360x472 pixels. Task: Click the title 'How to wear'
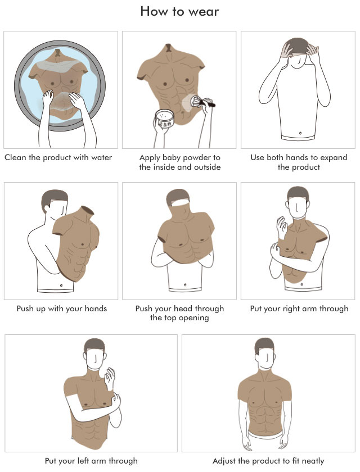[179, 11]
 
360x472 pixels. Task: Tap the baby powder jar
[164, 118]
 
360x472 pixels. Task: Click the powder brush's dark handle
[210, 104]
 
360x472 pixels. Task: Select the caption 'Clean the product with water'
[58, 157]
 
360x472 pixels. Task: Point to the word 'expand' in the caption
[334, 158]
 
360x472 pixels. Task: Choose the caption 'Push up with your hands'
[62, 309]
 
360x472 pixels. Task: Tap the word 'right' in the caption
[283, 309]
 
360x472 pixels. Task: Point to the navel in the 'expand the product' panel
[300, 133]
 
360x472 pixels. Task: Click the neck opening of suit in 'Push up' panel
[88, 210]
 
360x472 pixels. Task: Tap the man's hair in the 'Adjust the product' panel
[264, 345]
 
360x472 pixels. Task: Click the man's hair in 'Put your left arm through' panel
[94, 345]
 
